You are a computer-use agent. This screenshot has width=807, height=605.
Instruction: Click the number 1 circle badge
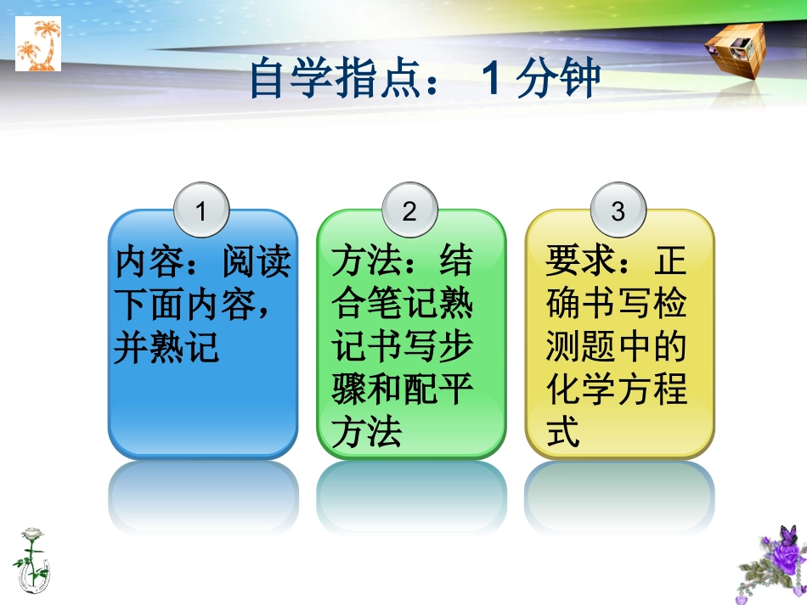[201, 211]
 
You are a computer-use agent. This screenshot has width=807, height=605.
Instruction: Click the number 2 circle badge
[409, 211]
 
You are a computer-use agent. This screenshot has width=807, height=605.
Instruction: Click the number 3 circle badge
[618, 211]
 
